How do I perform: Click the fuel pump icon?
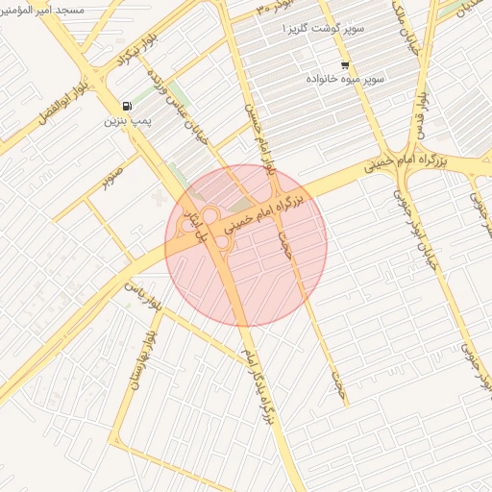(x=127, y=106)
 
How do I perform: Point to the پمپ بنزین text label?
(x=127, y=122)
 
